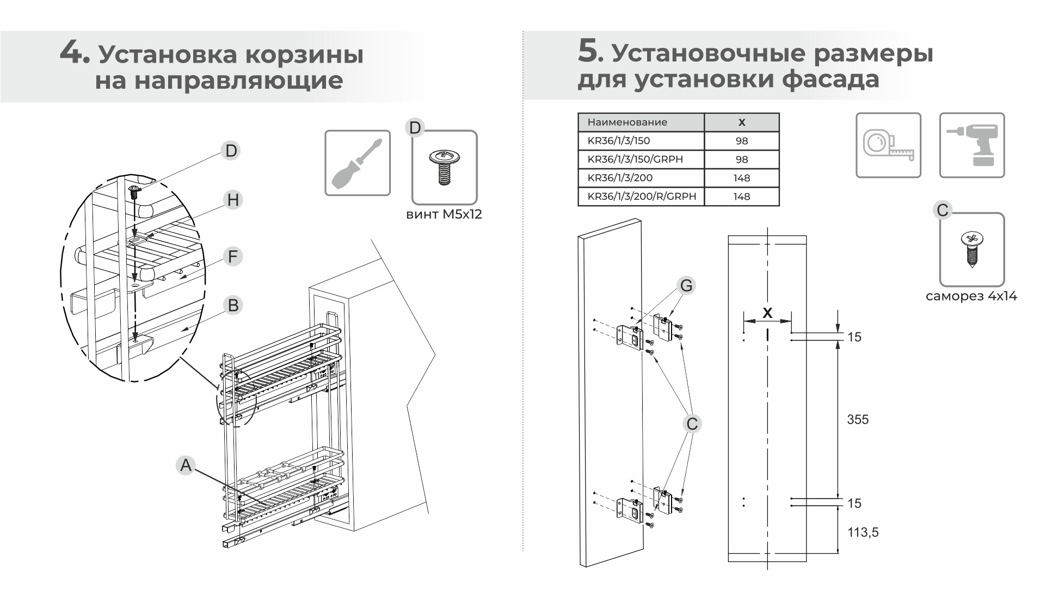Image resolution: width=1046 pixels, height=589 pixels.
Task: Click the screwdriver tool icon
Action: [358, 163]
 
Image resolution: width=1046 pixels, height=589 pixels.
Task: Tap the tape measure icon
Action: [888, 145]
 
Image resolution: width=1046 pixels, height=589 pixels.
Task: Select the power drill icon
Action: [971, 145]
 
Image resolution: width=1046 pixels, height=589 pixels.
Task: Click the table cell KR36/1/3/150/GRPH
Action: [641, 159]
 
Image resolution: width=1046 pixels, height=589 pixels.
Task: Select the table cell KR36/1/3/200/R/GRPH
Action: [641, 197]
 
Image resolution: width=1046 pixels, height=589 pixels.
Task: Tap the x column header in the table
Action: [741, 122]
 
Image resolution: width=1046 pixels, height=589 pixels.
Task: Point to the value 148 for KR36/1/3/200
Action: [741, 178]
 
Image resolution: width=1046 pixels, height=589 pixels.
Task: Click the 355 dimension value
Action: [858, 419]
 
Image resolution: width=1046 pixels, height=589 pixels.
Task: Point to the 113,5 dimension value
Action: [863, 532]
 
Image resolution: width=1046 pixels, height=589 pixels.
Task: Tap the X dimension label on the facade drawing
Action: [767, 313]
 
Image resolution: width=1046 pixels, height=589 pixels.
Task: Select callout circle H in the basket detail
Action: [233, 200]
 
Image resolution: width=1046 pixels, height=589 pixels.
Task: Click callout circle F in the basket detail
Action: [233, 256]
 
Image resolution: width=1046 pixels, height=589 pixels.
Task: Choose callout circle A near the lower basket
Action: [186, 465]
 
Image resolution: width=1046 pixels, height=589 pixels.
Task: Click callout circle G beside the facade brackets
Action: [686, 285]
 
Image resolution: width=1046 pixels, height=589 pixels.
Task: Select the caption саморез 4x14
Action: [971, 296]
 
